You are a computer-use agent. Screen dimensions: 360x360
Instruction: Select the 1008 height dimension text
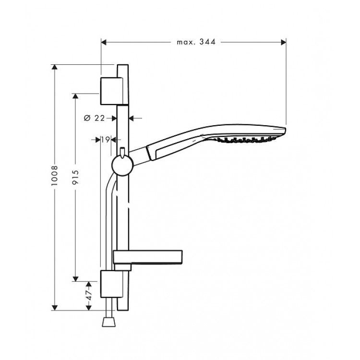pyautogui.click(x=55, y=179)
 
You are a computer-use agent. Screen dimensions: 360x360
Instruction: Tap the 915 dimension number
pyautogui.click(x=75, y=179)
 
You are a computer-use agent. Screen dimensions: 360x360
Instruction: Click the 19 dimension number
pyautogui.click(x=105, y=140)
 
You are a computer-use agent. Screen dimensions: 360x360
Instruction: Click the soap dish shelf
pyautogui.click(x=148, y=257)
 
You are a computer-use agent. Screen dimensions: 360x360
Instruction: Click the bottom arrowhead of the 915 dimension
pyautogui.click(x=75, y=277)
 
